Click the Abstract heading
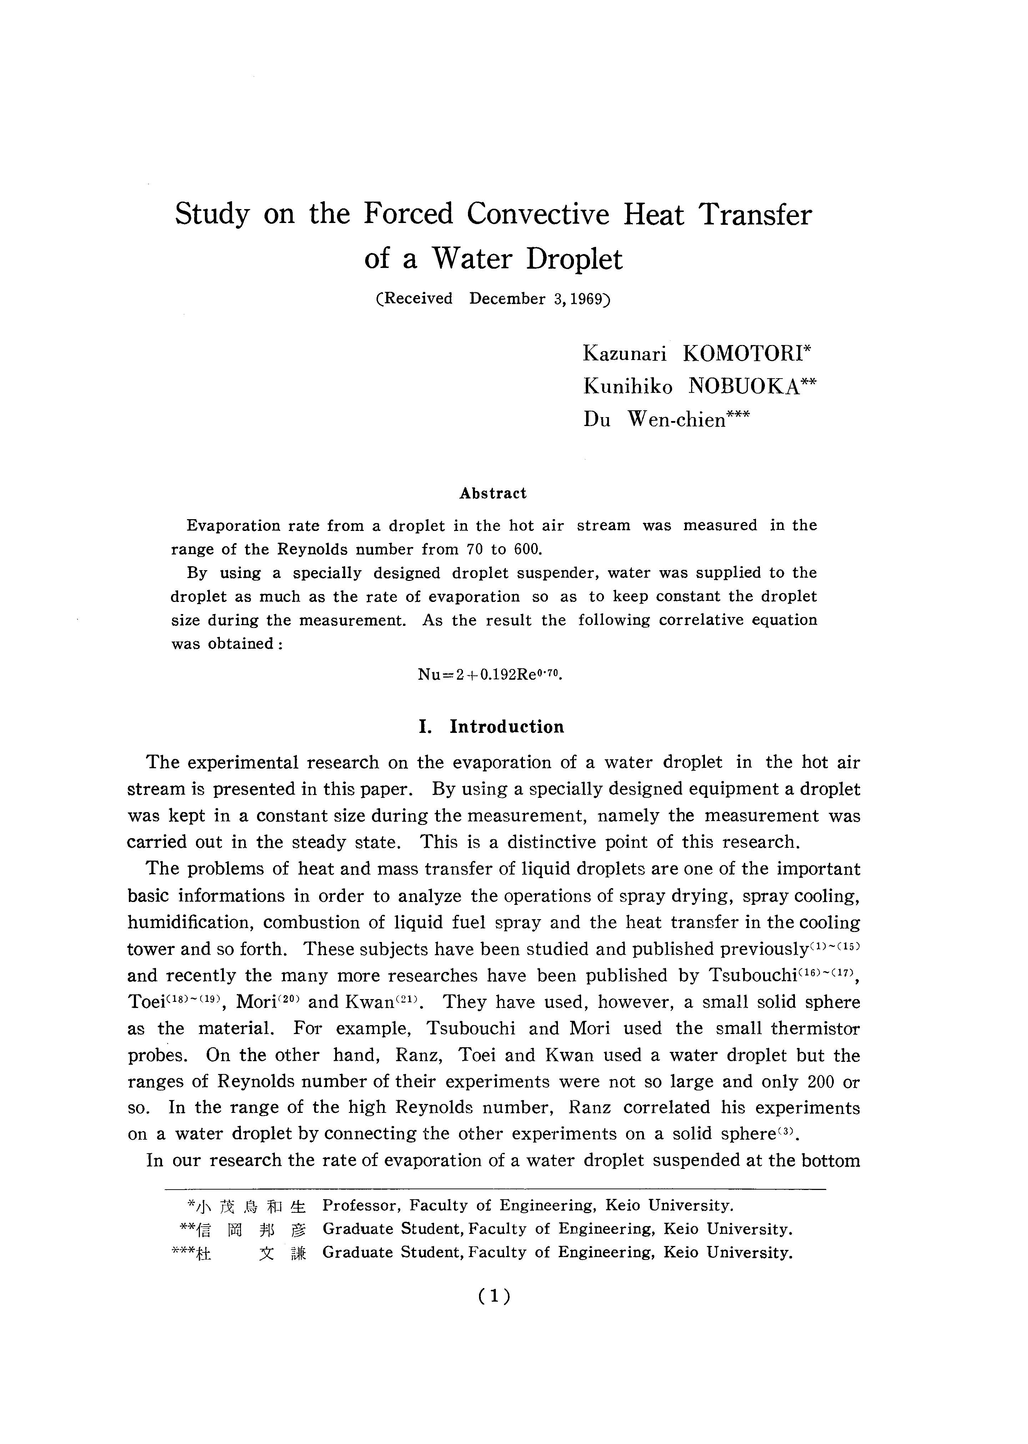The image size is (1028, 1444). click(x=493, y=493)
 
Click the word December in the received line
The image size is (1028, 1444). click(x=507, y=299)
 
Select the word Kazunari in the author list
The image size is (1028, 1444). click(x=624, y=353)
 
